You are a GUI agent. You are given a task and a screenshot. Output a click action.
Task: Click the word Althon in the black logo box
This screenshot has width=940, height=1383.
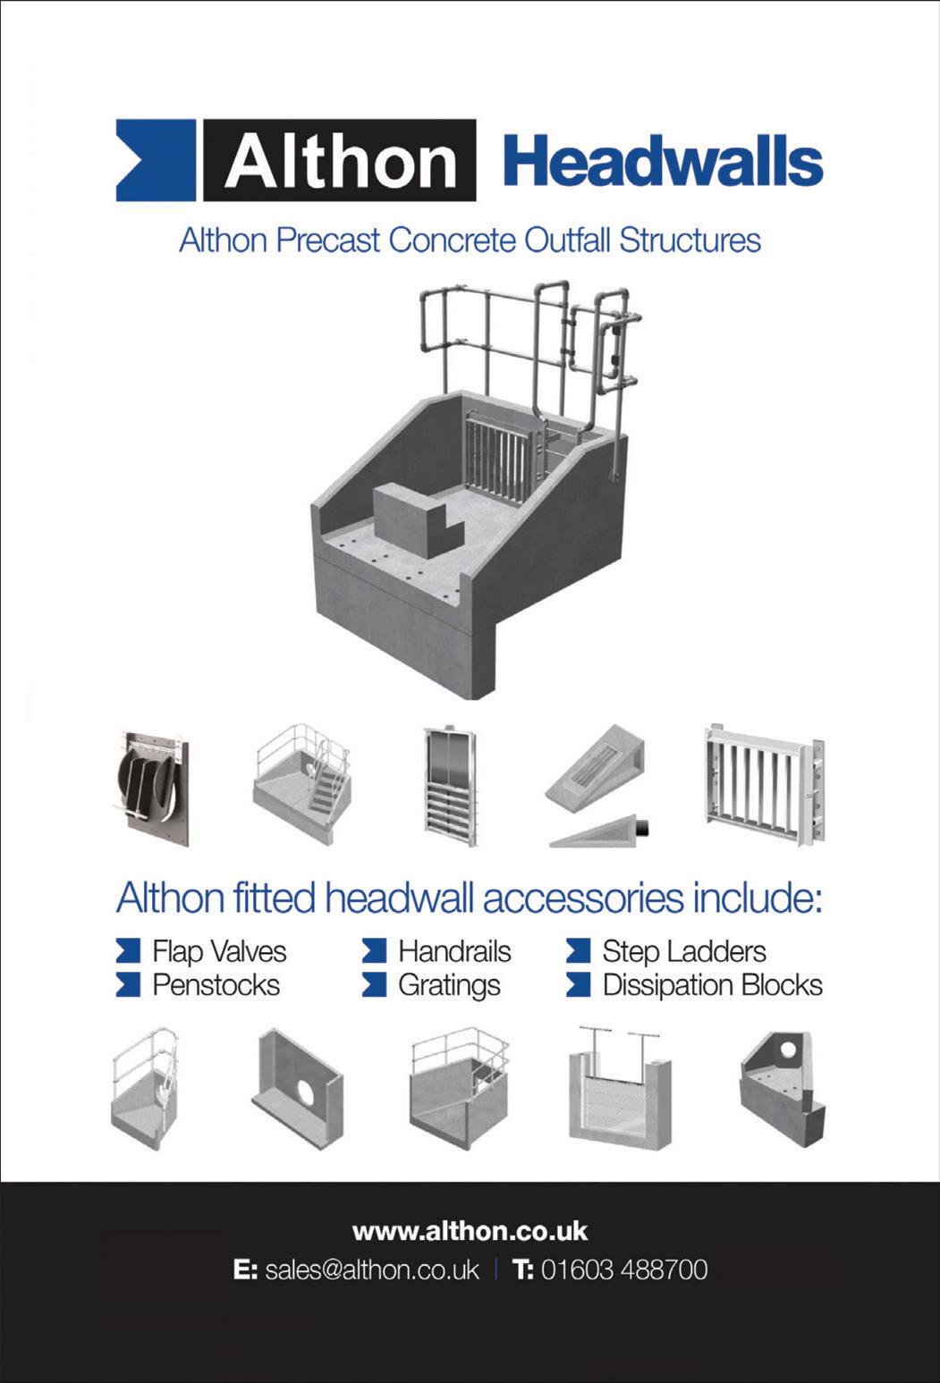point(340,162)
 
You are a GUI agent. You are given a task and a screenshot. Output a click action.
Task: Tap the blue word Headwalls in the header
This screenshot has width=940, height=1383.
point(663,162)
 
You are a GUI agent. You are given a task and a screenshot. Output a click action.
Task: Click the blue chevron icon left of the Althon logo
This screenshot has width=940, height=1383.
point(155,161)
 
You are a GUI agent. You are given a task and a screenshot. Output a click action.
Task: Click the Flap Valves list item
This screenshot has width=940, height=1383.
point(219,951)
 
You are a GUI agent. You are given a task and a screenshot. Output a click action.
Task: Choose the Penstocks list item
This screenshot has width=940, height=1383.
point(216,985)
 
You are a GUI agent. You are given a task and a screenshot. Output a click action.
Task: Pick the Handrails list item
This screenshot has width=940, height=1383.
point(454,951)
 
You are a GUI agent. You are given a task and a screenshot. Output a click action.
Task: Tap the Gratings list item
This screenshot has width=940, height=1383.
point(449,985)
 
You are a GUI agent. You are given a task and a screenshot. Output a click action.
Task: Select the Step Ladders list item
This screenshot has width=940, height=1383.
point(684,951)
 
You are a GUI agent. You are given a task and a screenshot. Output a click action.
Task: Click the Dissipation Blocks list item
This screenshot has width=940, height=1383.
point(712,985)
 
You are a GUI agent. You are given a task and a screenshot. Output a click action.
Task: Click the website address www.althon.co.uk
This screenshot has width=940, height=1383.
point(470,1231)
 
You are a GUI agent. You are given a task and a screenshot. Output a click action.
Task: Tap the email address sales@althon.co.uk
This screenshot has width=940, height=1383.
point(372,1269)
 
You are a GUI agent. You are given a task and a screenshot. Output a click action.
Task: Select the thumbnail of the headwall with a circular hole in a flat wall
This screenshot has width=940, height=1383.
point(300,1090)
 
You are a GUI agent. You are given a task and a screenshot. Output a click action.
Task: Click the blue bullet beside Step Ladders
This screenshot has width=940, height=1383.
point(579,951)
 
